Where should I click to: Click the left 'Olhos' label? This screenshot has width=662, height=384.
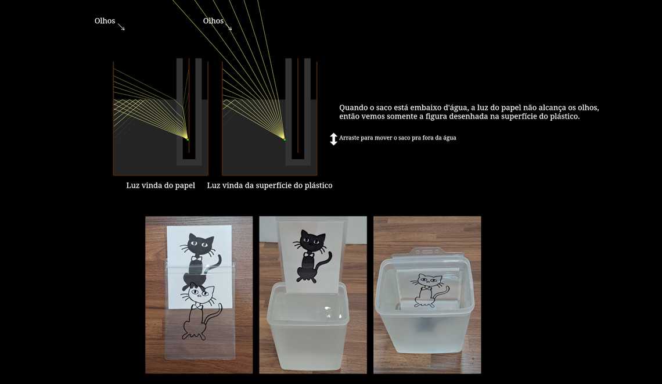tap(105, 21)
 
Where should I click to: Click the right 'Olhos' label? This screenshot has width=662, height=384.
tap(213, 21)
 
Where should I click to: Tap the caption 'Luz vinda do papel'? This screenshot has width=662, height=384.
tap(160, 185)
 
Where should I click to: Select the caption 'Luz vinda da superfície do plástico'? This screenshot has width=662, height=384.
tap(269, 185)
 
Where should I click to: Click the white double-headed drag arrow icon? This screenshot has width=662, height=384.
tap(333, 139)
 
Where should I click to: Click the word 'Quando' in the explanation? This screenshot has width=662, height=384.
tap(353, 108)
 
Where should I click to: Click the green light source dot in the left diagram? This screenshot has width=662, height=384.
tap(188, 139)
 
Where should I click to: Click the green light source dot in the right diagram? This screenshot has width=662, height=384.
tap(285, 139)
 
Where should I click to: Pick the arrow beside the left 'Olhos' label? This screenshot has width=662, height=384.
tap(121, 27)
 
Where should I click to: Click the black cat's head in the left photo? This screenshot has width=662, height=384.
tap(200, 245)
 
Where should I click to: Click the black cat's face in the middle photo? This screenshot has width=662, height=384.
tap(312, 240)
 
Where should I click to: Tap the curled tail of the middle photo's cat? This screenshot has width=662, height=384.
tap(327, 260)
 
